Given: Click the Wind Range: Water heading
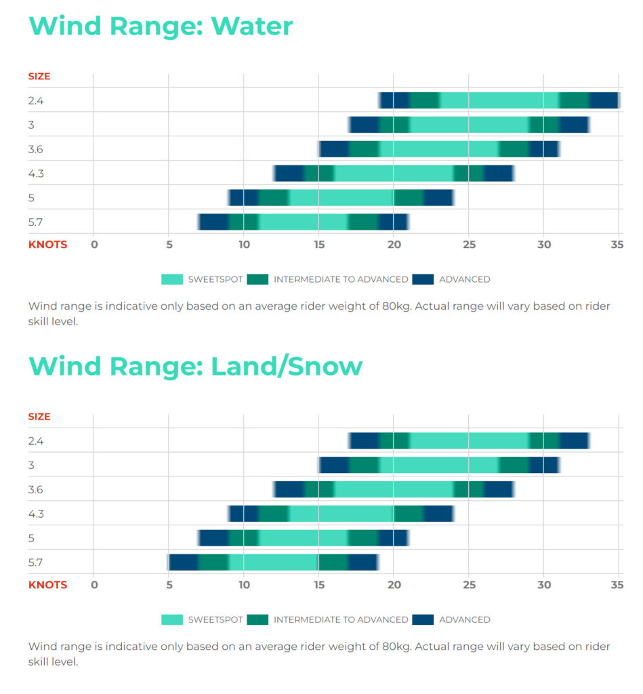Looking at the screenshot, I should point(161,26).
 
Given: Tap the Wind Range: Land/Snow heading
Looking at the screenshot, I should point(195,366).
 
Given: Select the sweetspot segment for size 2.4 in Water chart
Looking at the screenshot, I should point(499,100).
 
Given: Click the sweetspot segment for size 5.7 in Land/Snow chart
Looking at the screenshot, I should point(273,563).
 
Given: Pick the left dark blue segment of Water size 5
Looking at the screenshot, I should point(244,198).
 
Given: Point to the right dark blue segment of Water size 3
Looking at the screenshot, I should point(574,125).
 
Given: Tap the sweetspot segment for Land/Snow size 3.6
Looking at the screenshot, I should point(394,489).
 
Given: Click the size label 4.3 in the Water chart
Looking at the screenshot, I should point(37,173).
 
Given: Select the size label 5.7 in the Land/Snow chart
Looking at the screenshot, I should point(37,563).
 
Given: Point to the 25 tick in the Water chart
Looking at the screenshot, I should point(469,245).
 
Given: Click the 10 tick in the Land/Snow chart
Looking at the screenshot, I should point(244,585).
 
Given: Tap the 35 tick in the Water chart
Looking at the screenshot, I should point(617,245).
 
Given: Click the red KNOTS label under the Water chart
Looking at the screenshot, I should point(47,245).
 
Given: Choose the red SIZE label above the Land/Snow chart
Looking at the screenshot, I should point(39,417).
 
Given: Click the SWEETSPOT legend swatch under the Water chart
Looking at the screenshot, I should point(172,279).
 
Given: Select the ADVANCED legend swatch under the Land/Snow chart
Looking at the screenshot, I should point(423,619).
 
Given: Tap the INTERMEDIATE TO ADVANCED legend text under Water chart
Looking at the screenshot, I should point(341,279).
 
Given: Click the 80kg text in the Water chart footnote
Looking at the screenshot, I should point(392,306).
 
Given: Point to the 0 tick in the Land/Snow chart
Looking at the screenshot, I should point(94,585).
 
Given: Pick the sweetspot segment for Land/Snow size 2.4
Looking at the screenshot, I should point(469,441).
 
